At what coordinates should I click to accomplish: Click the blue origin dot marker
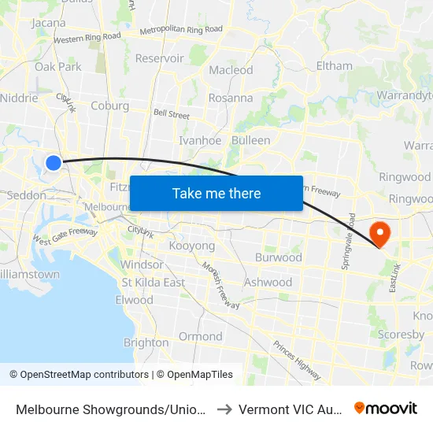pyautogui.click(x=53, y=163)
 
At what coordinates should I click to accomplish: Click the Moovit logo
pyautogui.click(x=386, y=408)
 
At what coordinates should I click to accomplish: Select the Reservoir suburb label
pyautogui.click(x=159, y=58)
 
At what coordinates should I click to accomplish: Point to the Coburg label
pyautogui.click(x=109, y=105)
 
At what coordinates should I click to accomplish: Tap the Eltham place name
pyautogui.click(x=334, y=65)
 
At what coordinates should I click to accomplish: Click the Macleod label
pyautogui.click(x=231, y=70)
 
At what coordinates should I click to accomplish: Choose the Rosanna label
pyautogui.click(x=231, y=98)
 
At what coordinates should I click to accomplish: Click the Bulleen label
pyautogui.click(x=250, y=140)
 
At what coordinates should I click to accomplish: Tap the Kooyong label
pyautogui.click(x=192, y=246)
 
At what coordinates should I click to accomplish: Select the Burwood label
pyautogui.click(x=278, y=257)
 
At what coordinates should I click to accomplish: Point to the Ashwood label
pyautogui.click(x=268, y=282)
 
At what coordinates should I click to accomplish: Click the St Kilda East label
pyautogui.click(x=153, y=283)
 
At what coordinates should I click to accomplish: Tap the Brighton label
pyautogui.click(x=146, y=342)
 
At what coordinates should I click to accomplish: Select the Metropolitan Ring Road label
pyautogui.click(x=181, y=30)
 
